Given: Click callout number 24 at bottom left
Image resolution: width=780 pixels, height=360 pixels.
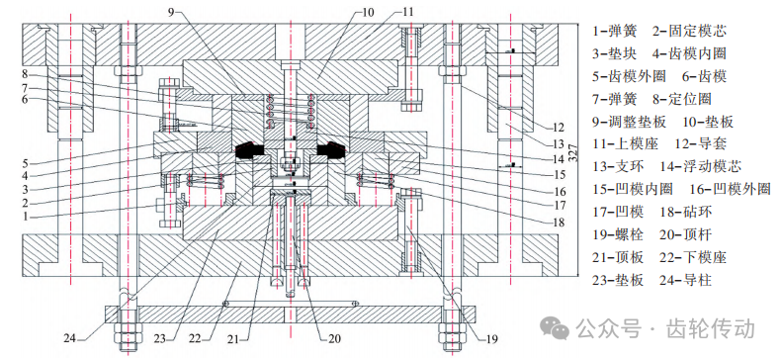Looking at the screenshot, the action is [70, 338].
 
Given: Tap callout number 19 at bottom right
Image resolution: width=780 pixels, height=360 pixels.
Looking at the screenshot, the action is [491, 339].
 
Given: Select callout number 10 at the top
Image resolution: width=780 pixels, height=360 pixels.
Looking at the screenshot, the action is [368, 12].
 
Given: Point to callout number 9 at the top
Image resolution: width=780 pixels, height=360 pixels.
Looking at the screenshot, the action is [171, 12].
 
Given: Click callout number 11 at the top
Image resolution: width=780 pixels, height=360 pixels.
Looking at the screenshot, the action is [408, 12].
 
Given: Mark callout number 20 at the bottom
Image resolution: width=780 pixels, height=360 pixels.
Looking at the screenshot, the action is [334, 339].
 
